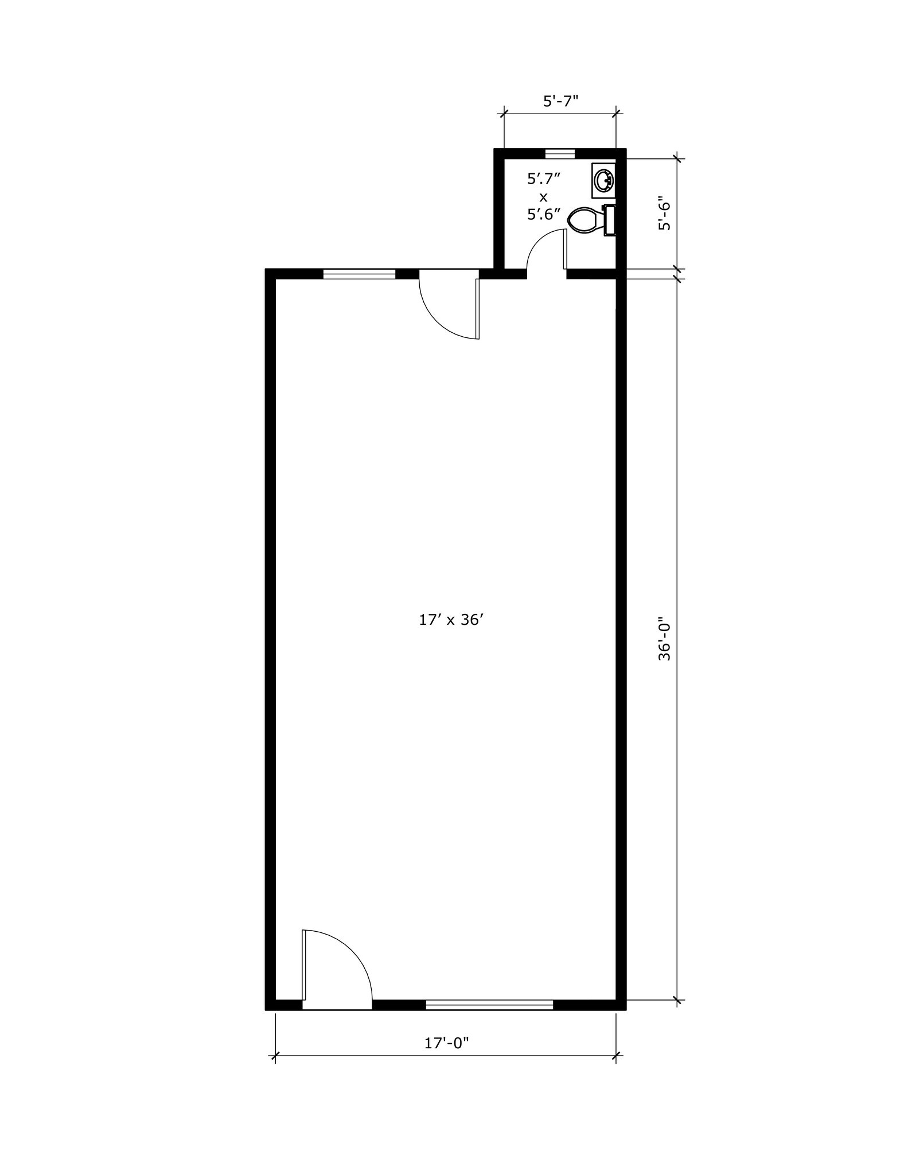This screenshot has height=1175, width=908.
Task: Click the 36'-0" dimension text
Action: pos(664,639)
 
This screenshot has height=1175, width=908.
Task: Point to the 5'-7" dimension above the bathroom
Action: pos(560,101)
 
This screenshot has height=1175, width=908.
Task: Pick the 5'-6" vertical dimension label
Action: pos(664,214)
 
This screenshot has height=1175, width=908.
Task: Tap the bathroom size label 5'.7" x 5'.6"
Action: pos(543,196)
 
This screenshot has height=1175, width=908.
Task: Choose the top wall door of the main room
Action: pos(451,308)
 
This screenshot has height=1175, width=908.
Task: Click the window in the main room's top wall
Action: pos(359,274)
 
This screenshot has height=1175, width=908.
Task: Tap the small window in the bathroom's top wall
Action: pos(560,153)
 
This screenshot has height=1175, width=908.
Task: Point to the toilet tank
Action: pos(610,220)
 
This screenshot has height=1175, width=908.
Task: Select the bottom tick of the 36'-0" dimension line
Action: pos(678,1001)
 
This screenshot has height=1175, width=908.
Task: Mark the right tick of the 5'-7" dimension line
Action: pos(616,112)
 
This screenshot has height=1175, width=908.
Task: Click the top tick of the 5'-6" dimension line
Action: pos(678,158)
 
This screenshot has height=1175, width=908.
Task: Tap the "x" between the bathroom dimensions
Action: pos(543,196)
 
